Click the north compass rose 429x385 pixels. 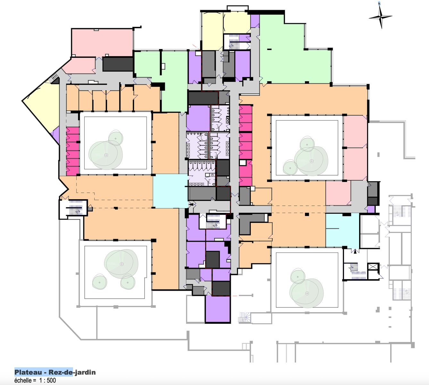(x=381, y=16)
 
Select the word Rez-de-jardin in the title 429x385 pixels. (x=72, y=372)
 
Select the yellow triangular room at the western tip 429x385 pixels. (x=42, y=106)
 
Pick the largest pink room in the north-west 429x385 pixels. (x=102, y=42)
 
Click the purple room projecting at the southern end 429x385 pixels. (x=218, y=309)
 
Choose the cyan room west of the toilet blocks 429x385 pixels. (x=170, y=191)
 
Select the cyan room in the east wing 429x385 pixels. (x=342, y=230)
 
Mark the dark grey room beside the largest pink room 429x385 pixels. (x=118, y=64)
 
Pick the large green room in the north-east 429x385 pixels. (x=294, y=51)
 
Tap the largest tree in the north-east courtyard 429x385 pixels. (x=311, y=161)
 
